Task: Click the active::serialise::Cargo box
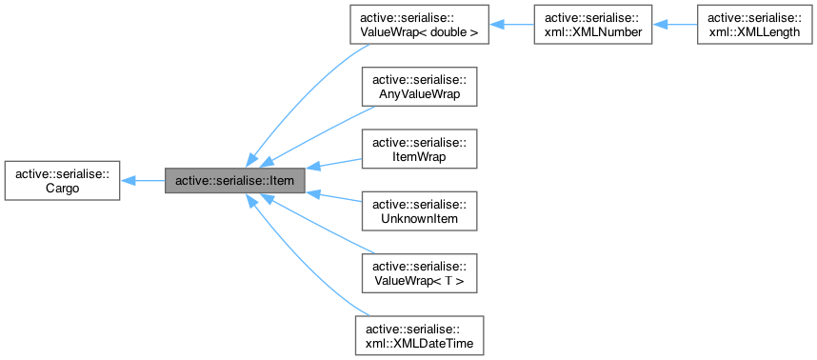pyautogui.click(x=62, y=180)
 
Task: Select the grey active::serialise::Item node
pyautogui.click(x=235, y=180)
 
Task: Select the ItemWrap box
pyautogui.click(x=418, y=149)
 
